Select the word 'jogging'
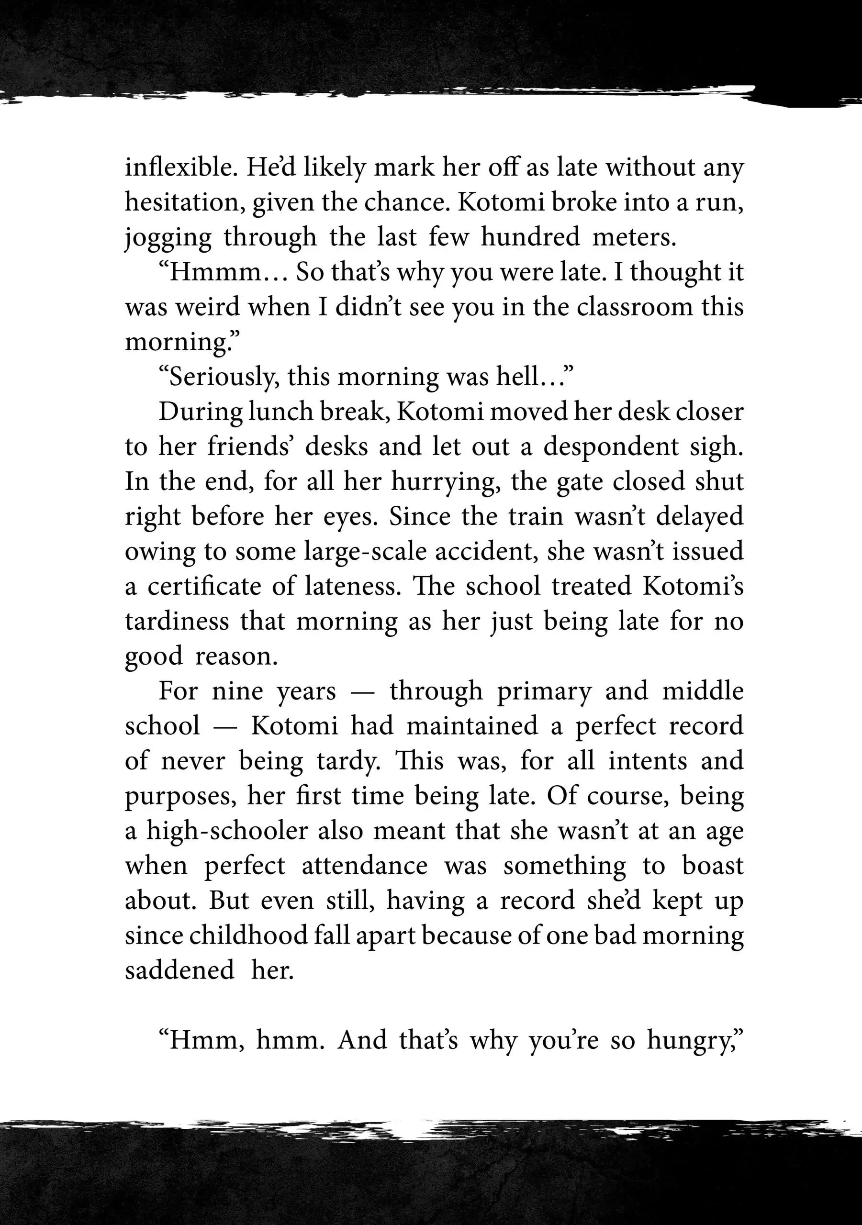coord(168,238)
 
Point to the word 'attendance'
coord(365,866)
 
